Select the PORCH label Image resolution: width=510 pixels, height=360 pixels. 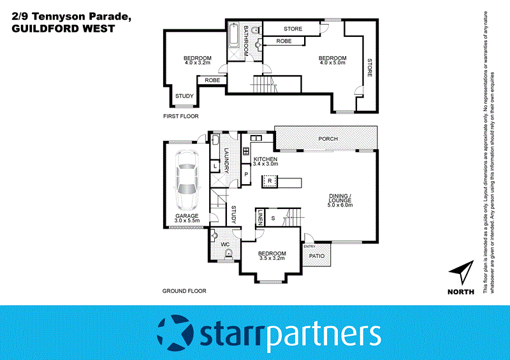(328, 139)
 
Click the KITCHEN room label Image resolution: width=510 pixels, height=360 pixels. (266, 159)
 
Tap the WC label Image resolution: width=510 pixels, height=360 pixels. (224, 244)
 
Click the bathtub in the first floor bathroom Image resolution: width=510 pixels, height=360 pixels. (233, 38)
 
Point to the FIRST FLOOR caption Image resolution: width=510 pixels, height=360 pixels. (181, 117)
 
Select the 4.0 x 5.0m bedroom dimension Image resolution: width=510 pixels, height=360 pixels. (333, 63)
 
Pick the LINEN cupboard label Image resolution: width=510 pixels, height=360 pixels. (260, 218)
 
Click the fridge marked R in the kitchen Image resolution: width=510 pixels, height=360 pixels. (270, 182)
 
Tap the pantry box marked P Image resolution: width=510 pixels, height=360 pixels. (246, 174)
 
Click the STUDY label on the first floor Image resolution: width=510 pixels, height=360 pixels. (184, 96)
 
